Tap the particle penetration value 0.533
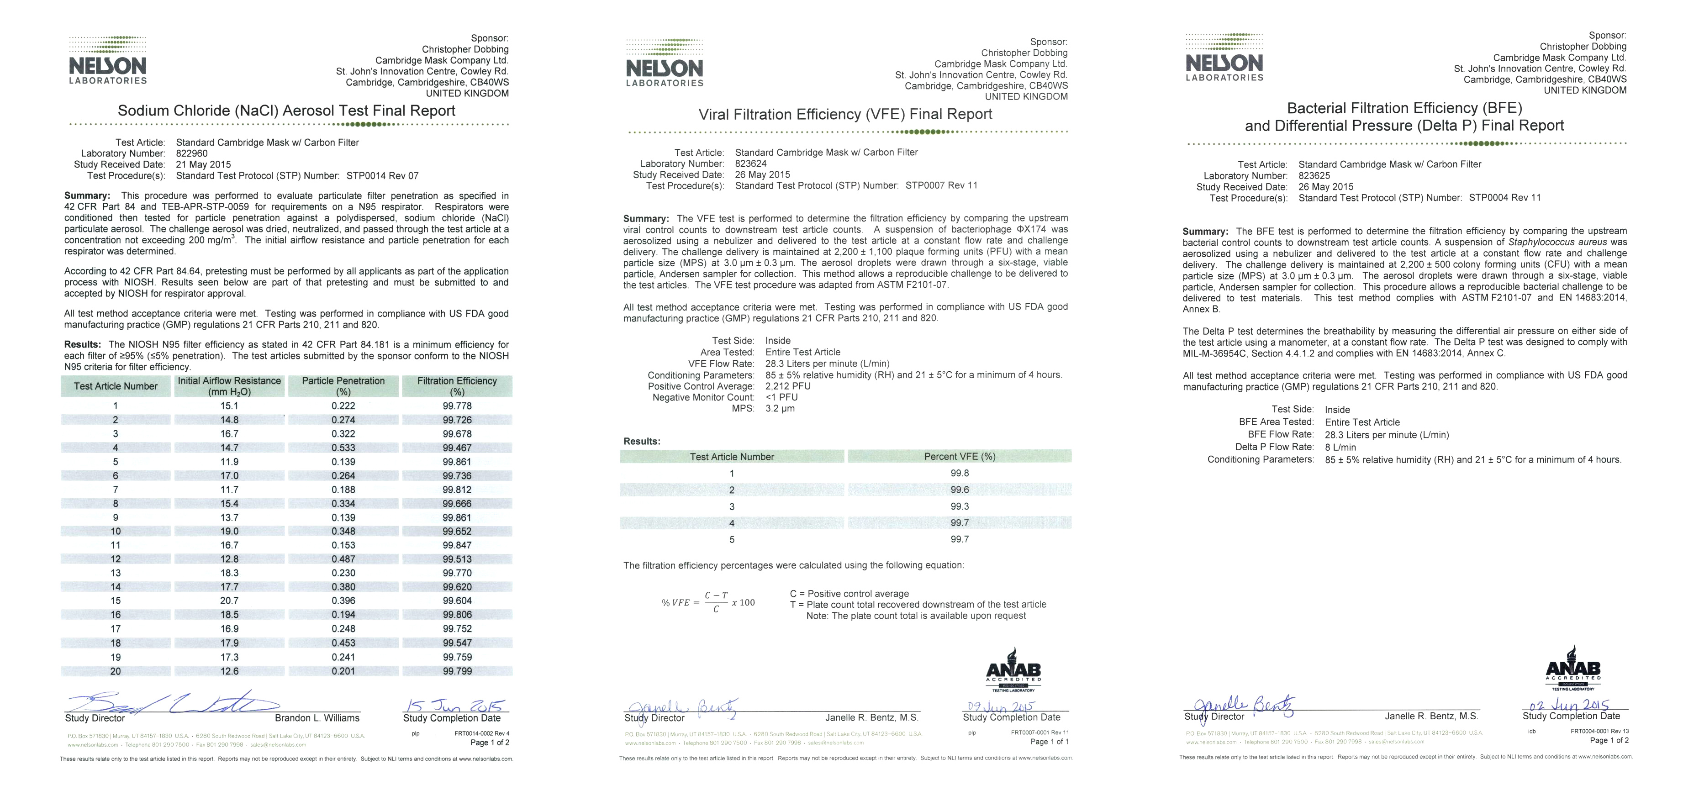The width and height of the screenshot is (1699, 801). coord(343,448)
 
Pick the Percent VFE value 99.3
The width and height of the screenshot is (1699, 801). coord(959,506)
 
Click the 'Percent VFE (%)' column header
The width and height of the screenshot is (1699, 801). coord(959,456)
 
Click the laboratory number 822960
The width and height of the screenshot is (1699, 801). coord(191,153)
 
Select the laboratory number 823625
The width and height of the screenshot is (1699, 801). coord(1314,176)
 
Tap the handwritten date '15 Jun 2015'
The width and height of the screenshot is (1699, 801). coord(454,705)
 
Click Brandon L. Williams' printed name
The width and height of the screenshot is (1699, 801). coord(317,718)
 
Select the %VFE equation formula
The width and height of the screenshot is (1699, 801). coord(708,602)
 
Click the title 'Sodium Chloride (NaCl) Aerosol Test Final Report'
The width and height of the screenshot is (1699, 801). coord(286,111)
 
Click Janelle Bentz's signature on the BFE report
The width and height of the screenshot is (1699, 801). coord(1240,707)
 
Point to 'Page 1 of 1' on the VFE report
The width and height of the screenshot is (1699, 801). coord(1049,742)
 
